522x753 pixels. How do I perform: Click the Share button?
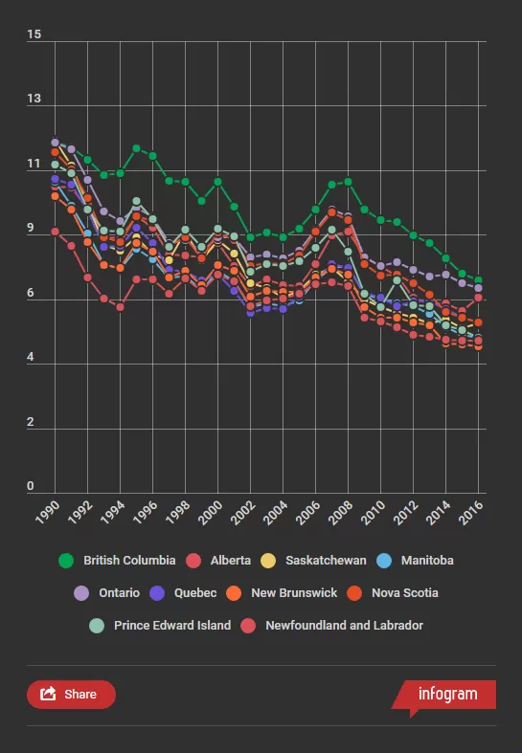tap(71, 695)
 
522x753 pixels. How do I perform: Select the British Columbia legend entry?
tap(117, 561)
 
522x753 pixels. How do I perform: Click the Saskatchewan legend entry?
tap(313, 561)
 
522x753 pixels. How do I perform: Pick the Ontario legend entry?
tap(106, 593)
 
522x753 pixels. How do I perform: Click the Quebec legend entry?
tap(183, 593)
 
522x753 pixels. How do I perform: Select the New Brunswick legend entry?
tap(282, 593)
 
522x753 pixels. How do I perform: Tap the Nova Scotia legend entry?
tap(393, 593)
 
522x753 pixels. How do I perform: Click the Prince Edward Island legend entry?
tap(160, 626)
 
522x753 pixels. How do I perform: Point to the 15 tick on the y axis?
tap(34, 34)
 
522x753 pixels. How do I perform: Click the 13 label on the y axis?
tap(34, 99)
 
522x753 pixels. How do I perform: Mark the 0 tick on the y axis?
tap(31, 486)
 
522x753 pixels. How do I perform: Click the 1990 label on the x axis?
tap(47, 513)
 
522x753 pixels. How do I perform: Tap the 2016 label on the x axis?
tap(471, 513)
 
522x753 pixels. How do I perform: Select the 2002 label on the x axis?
tap(242, 513)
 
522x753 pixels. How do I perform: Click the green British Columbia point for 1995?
tap(137, 148)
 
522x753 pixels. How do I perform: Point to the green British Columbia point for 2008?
tap(348, 182)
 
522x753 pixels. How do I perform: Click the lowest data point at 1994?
tap(120, 307)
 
